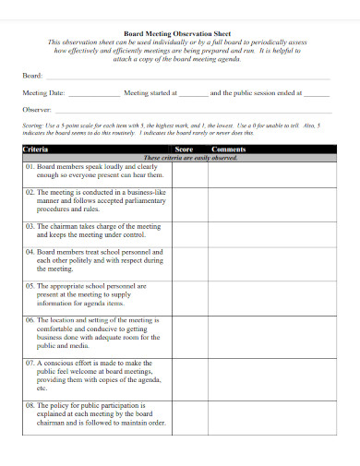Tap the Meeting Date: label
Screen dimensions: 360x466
42,93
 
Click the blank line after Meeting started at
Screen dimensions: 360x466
193,94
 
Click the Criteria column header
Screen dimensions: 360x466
36,149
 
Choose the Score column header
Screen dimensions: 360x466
184,149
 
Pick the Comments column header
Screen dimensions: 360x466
227,149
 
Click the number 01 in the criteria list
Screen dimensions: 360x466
29,166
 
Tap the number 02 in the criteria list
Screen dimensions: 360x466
29,192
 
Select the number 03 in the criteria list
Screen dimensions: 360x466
29,225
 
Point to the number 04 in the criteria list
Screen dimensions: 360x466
29,251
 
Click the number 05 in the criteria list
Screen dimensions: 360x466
29,286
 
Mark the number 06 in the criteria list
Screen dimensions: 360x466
29,319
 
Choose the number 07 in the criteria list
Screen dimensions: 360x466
29,363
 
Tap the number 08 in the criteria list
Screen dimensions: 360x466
29,405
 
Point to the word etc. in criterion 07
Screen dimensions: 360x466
42,388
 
